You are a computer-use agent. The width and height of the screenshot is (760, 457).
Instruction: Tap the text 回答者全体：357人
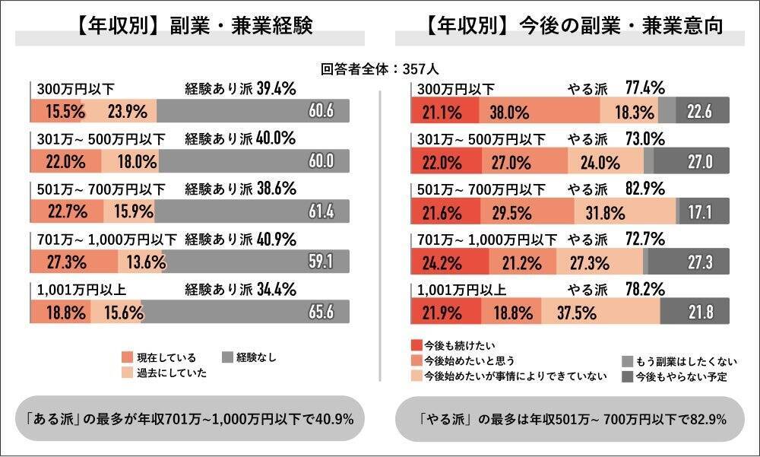coord(379,68)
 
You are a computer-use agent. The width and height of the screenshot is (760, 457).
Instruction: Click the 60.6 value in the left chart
coord(320,111)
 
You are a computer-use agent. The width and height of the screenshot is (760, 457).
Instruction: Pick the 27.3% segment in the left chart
coord(74,262)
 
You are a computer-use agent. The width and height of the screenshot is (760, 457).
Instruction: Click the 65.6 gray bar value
coord(321,312)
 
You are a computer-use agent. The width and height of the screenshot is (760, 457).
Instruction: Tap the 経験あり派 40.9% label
coord(241,239)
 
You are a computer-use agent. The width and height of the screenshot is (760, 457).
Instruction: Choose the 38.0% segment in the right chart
coord(509,111)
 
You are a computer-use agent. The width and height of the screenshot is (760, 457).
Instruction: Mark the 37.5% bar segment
coord(600,312)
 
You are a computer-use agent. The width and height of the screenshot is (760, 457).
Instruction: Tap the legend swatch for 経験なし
coord(227,357)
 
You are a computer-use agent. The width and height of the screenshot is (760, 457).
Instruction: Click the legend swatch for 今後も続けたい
coord(416,344)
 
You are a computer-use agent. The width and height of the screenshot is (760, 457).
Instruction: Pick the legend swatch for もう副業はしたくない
coord(627,361)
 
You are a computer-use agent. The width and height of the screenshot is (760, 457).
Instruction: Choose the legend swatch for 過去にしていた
coord(127,373)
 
